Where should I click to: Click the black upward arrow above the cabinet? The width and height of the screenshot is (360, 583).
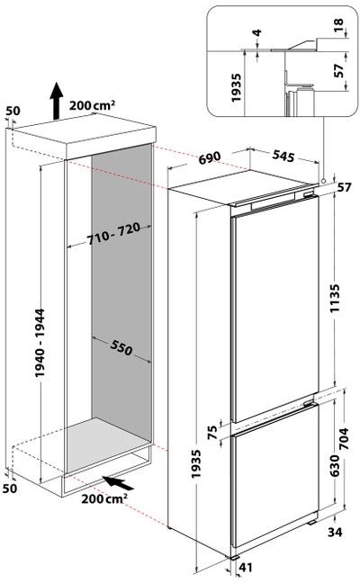point(57,96)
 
